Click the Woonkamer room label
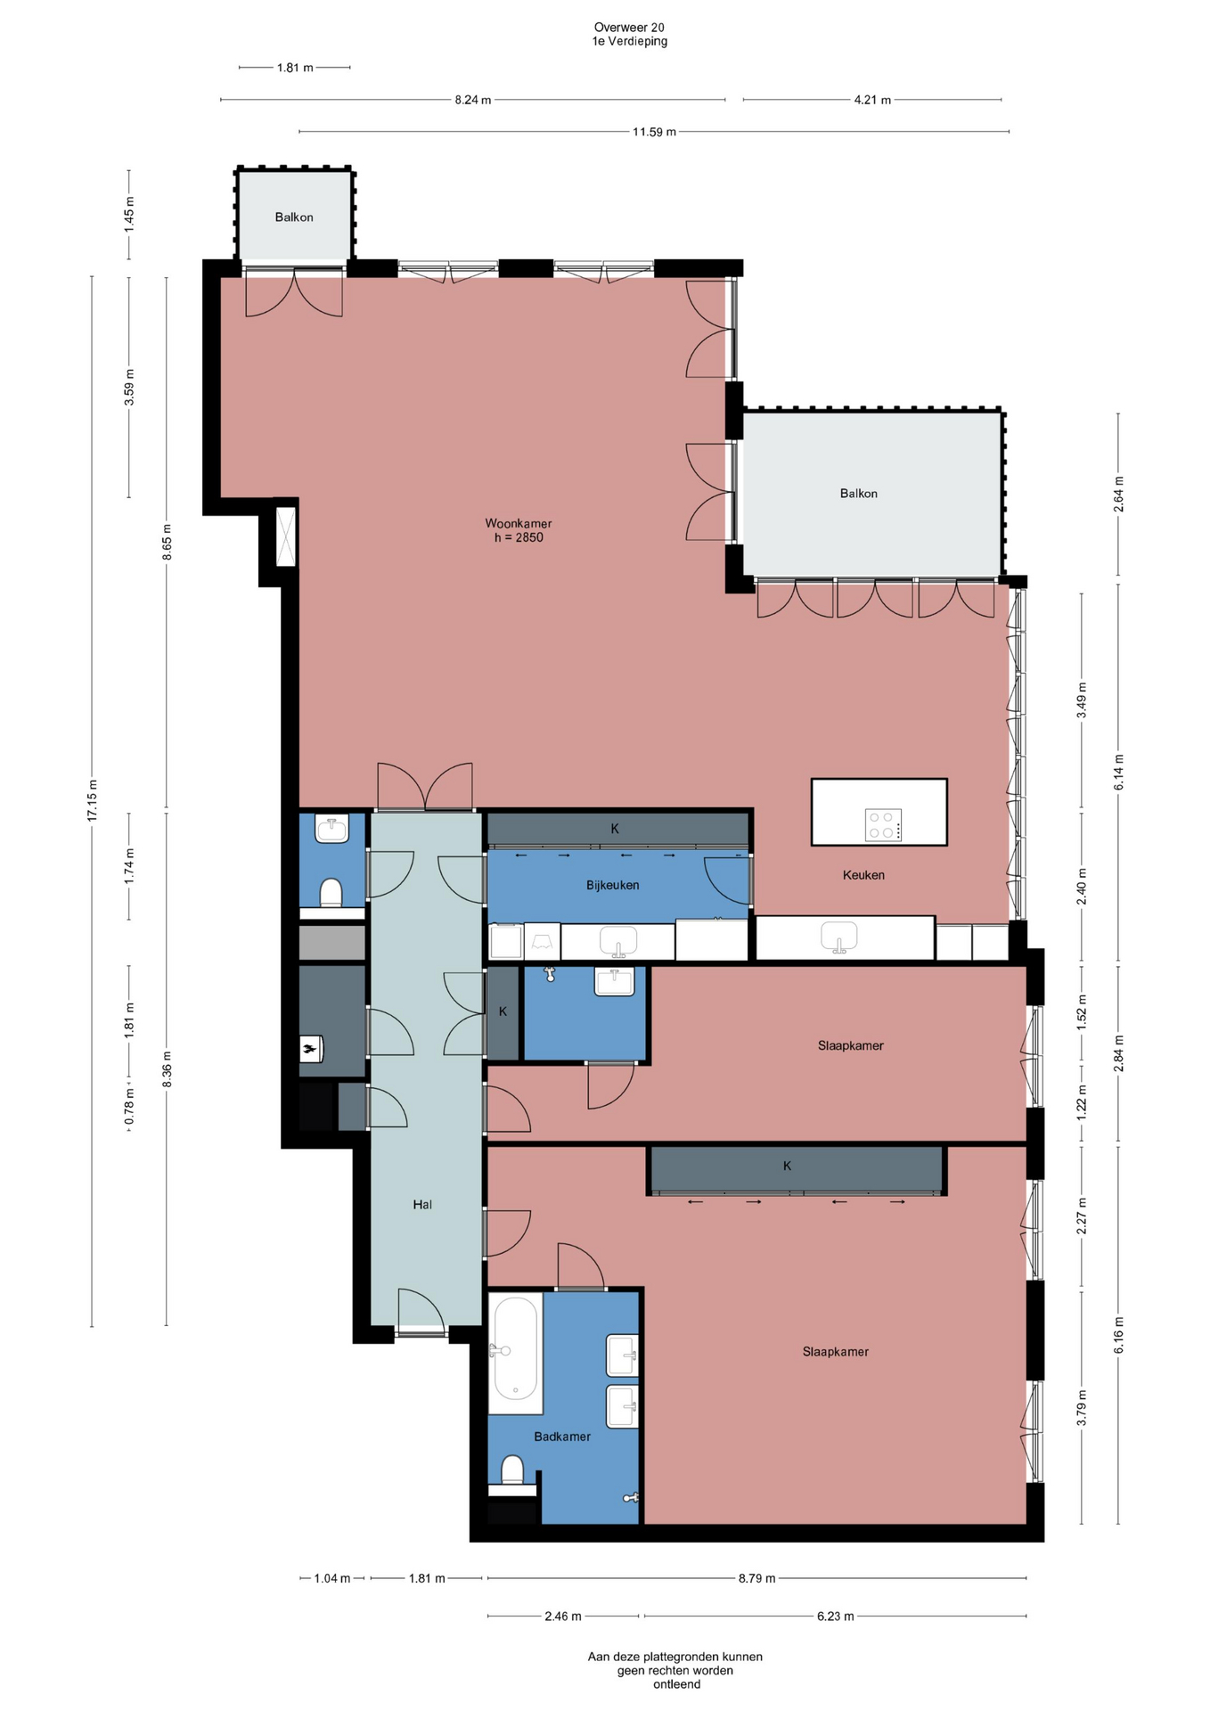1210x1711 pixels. coord(519,523)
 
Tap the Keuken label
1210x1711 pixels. coord(863,875)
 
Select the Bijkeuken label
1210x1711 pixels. coord(612,885)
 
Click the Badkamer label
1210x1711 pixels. coord(562,1437)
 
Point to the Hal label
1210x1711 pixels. coord(422,1204)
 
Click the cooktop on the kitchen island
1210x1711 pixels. coord(884,824)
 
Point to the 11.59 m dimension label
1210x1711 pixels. coord(654,132)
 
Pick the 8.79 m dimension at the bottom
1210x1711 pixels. coord(756,1578)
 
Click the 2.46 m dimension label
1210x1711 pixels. coord(563,1616)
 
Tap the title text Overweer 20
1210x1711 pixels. coord(629,28)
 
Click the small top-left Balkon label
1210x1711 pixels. coord(294,217)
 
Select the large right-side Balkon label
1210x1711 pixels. coord(859,493)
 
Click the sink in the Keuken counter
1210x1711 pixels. coord(838,937)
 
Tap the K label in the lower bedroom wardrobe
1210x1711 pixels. coord(788,1166)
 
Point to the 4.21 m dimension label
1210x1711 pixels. coord(872,100)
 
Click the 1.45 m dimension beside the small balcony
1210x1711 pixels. coord(129,215)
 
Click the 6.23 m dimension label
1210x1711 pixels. coord(836,1616)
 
